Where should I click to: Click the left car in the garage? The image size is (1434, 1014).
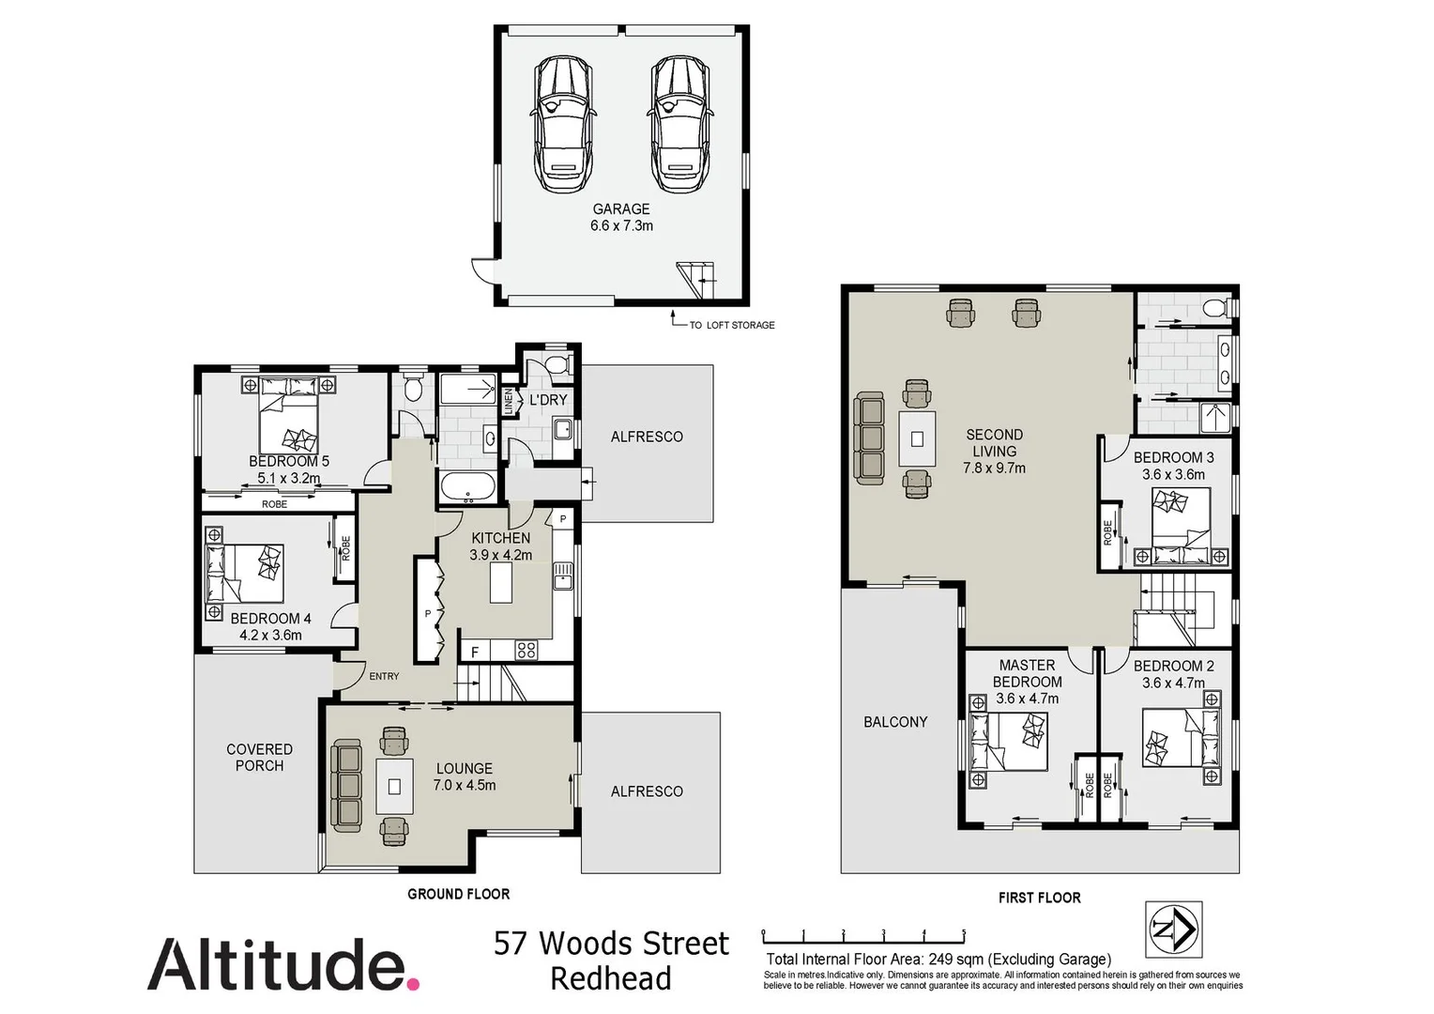(x=563, y=125)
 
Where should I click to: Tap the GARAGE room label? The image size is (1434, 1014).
(x=620, y=209)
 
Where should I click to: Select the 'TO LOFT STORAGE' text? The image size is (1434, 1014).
(x=731, y=325)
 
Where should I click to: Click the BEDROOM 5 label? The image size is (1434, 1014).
(x=288, y=461)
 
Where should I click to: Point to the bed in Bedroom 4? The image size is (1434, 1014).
(x=246, y=574)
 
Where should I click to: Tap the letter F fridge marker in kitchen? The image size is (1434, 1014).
(x=475, y=652)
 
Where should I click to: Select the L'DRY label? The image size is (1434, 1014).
(x=548, y=400)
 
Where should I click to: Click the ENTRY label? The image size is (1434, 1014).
(x=384, y=676)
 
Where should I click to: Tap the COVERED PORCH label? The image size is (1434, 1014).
(x=259, y=757)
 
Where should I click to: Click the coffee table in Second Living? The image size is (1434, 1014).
(x=917, y=438)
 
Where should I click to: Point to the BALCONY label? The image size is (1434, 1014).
(x=894, y=721)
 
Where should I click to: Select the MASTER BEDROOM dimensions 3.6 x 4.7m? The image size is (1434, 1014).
(x=1027, y=699)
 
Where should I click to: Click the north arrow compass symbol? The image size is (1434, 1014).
(x=1173, y=929)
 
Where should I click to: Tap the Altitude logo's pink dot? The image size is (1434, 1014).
(x=413, y=982)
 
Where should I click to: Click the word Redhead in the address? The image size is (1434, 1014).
(x=610, y=978)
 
